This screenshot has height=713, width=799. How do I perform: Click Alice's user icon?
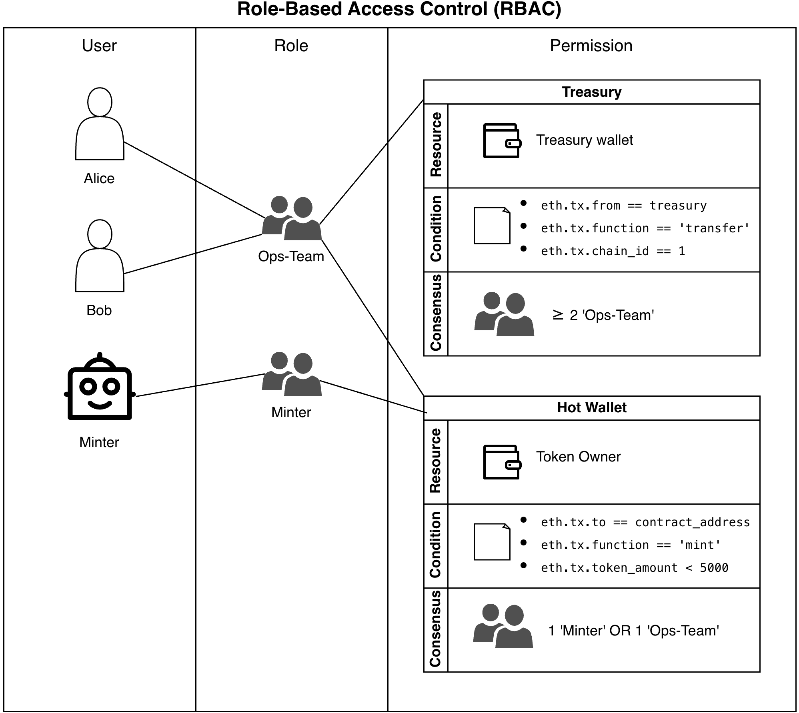coord(100,124)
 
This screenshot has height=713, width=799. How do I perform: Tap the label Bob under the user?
coord(99,310)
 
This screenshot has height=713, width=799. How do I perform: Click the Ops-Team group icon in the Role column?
coord(292,218)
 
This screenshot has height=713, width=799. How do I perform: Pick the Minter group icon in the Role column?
coord(292,374)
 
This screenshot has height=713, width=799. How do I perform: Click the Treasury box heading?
coord(591,92)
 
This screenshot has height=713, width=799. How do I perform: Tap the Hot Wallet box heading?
coord(591,407)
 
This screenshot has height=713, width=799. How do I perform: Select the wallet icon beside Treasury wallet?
coord(502,140)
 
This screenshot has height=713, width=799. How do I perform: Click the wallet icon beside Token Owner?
coord(502,462)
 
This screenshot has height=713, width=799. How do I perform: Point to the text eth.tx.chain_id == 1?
coord(613,251)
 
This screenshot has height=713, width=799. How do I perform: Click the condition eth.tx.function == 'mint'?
coord(630,545)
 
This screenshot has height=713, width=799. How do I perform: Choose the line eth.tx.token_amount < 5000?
coord(634,568)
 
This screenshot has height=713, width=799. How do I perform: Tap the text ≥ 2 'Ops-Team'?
coord(603,315)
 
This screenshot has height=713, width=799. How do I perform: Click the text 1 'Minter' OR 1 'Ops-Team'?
coord(633,631)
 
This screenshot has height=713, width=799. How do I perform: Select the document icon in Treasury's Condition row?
coord(492,226)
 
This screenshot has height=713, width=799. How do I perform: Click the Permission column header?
coord(591,46)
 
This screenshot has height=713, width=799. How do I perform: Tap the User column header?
coord(99,46)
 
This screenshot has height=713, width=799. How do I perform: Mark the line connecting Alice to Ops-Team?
coord(194,180)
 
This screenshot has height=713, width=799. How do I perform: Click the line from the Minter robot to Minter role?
coord(200,385)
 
